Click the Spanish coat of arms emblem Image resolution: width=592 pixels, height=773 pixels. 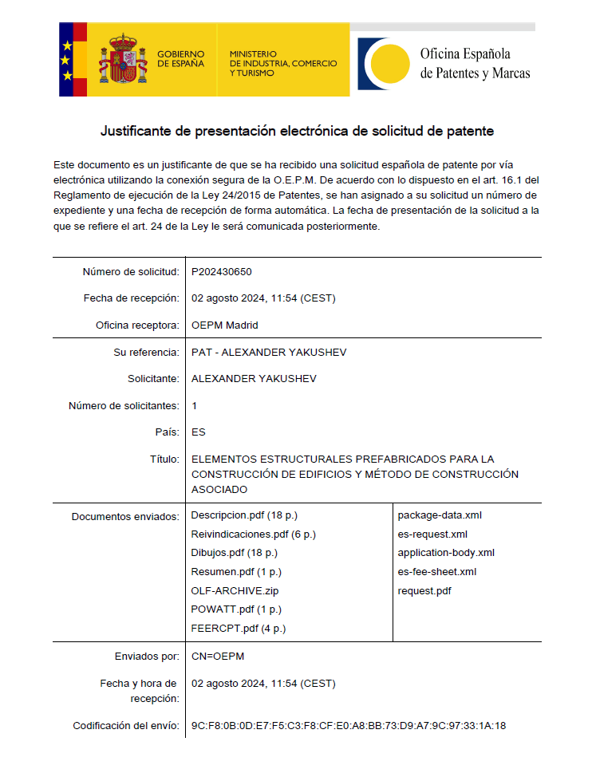123,59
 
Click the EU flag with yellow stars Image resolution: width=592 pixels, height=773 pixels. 67,59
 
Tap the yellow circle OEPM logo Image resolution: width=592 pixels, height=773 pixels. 386,65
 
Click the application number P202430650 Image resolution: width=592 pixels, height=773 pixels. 222,272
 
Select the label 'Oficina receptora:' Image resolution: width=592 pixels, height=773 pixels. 137,325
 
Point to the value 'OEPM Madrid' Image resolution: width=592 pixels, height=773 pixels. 225,325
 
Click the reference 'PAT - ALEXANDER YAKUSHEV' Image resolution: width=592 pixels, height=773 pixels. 269,353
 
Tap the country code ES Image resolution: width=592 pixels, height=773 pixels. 199,432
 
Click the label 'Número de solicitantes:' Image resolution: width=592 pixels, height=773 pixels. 124,406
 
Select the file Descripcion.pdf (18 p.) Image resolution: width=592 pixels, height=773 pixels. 244,515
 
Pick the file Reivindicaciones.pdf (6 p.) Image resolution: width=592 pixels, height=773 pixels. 254,534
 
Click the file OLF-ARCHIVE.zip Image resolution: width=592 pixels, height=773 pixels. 235,591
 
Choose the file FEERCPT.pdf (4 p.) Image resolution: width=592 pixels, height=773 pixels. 239,629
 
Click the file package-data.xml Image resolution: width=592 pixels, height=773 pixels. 440,515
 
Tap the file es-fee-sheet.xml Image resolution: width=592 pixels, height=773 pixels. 437,572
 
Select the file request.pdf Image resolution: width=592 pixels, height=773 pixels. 424,591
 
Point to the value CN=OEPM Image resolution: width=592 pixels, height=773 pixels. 218,657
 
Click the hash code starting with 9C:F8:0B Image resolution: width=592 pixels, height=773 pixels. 349,726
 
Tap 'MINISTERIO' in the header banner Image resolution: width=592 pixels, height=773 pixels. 253,53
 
